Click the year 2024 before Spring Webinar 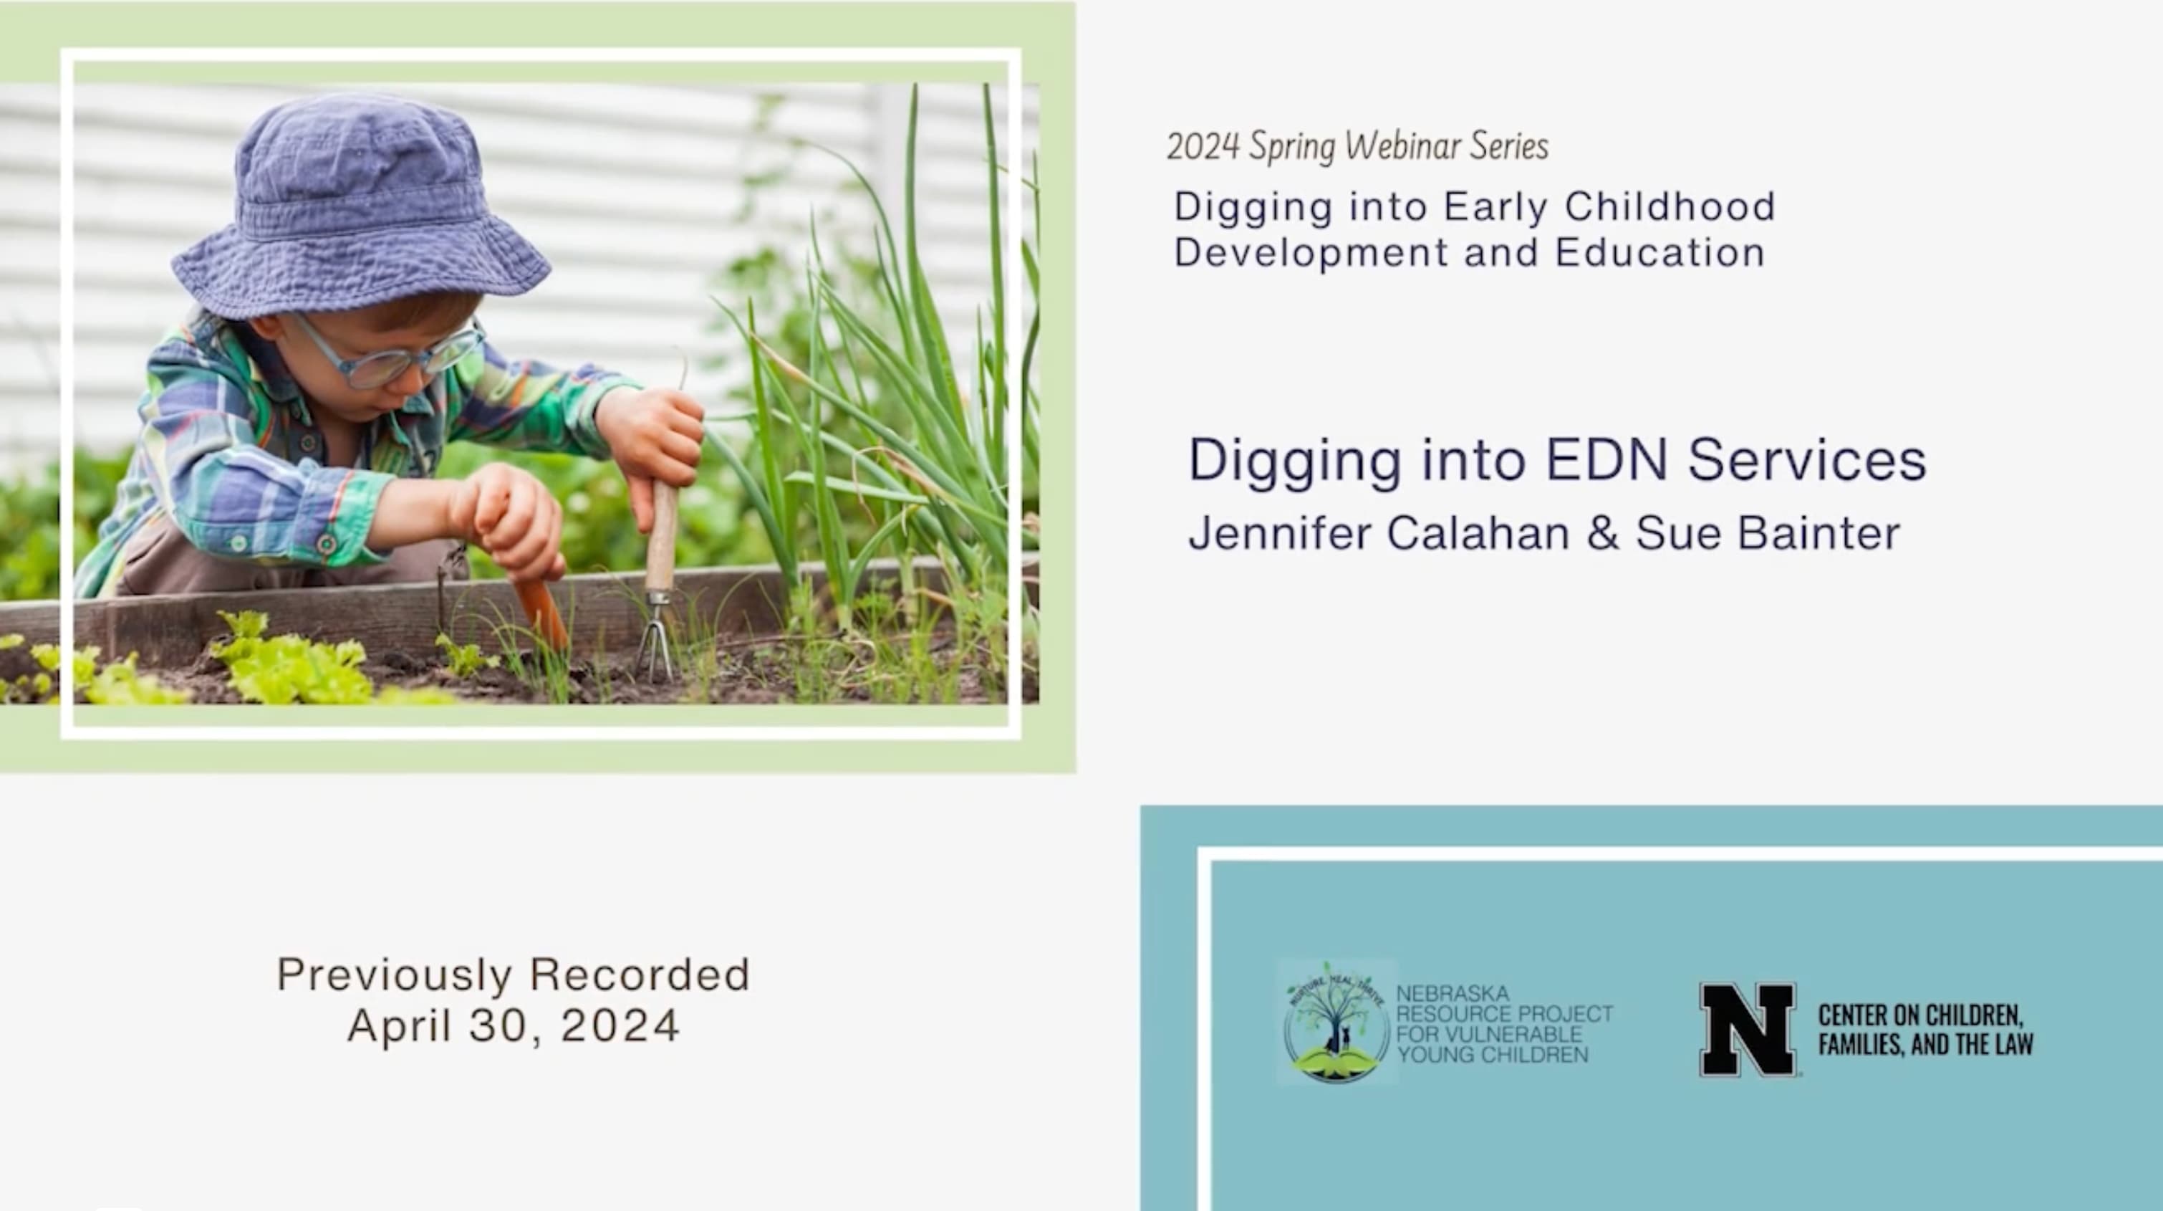1203,147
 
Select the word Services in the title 1806,460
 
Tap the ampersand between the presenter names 1602,532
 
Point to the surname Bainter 1818,532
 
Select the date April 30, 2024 513,1025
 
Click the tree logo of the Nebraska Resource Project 1336,1021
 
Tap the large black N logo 1748,1029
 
